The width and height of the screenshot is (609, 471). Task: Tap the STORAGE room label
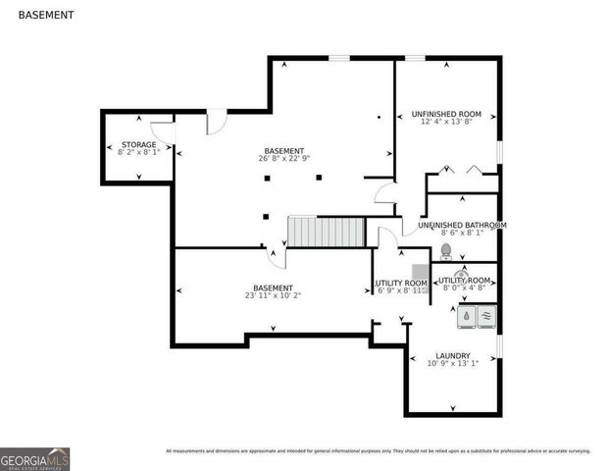point(137,144)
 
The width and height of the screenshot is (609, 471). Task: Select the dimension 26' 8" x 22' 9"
point(283,158)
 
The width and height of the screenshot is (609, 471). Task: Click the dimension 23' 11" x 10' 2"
point(274,295)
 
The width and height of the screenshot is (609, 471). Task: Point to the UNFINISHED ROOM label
point(446,114)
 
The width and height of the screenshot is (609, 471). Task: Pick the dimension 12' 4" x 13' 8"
point(446,122)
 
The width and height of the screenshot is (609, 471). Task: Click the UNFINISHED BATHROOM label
point(462,225)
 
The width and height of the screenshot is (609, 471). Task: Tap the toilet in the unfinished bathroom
point(445,252)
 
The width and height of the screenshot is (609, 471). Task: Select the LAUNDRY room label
point(452,355)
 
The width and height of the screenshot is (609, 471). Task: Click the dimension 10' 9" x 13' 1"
point(452,363)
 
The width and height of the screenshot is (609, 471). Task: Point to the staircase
point(326,233)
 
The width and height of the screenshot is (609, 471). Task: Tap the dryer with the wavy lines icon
point(485,316)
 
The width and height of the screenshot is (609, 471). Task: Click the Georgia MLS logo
point(35,458)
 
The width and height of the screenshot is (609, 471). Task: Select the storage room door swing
point(163,131)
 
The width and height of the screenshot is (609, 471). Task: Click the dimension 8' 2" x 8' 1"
point(137,152)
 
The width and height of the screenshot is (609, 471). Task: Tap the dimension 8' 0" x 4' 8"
point(465,288)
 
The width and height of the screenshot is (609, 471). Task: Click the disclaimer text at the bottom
point(378,451)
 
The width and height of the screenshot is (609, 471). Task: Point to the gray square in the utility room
point(421,272)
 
